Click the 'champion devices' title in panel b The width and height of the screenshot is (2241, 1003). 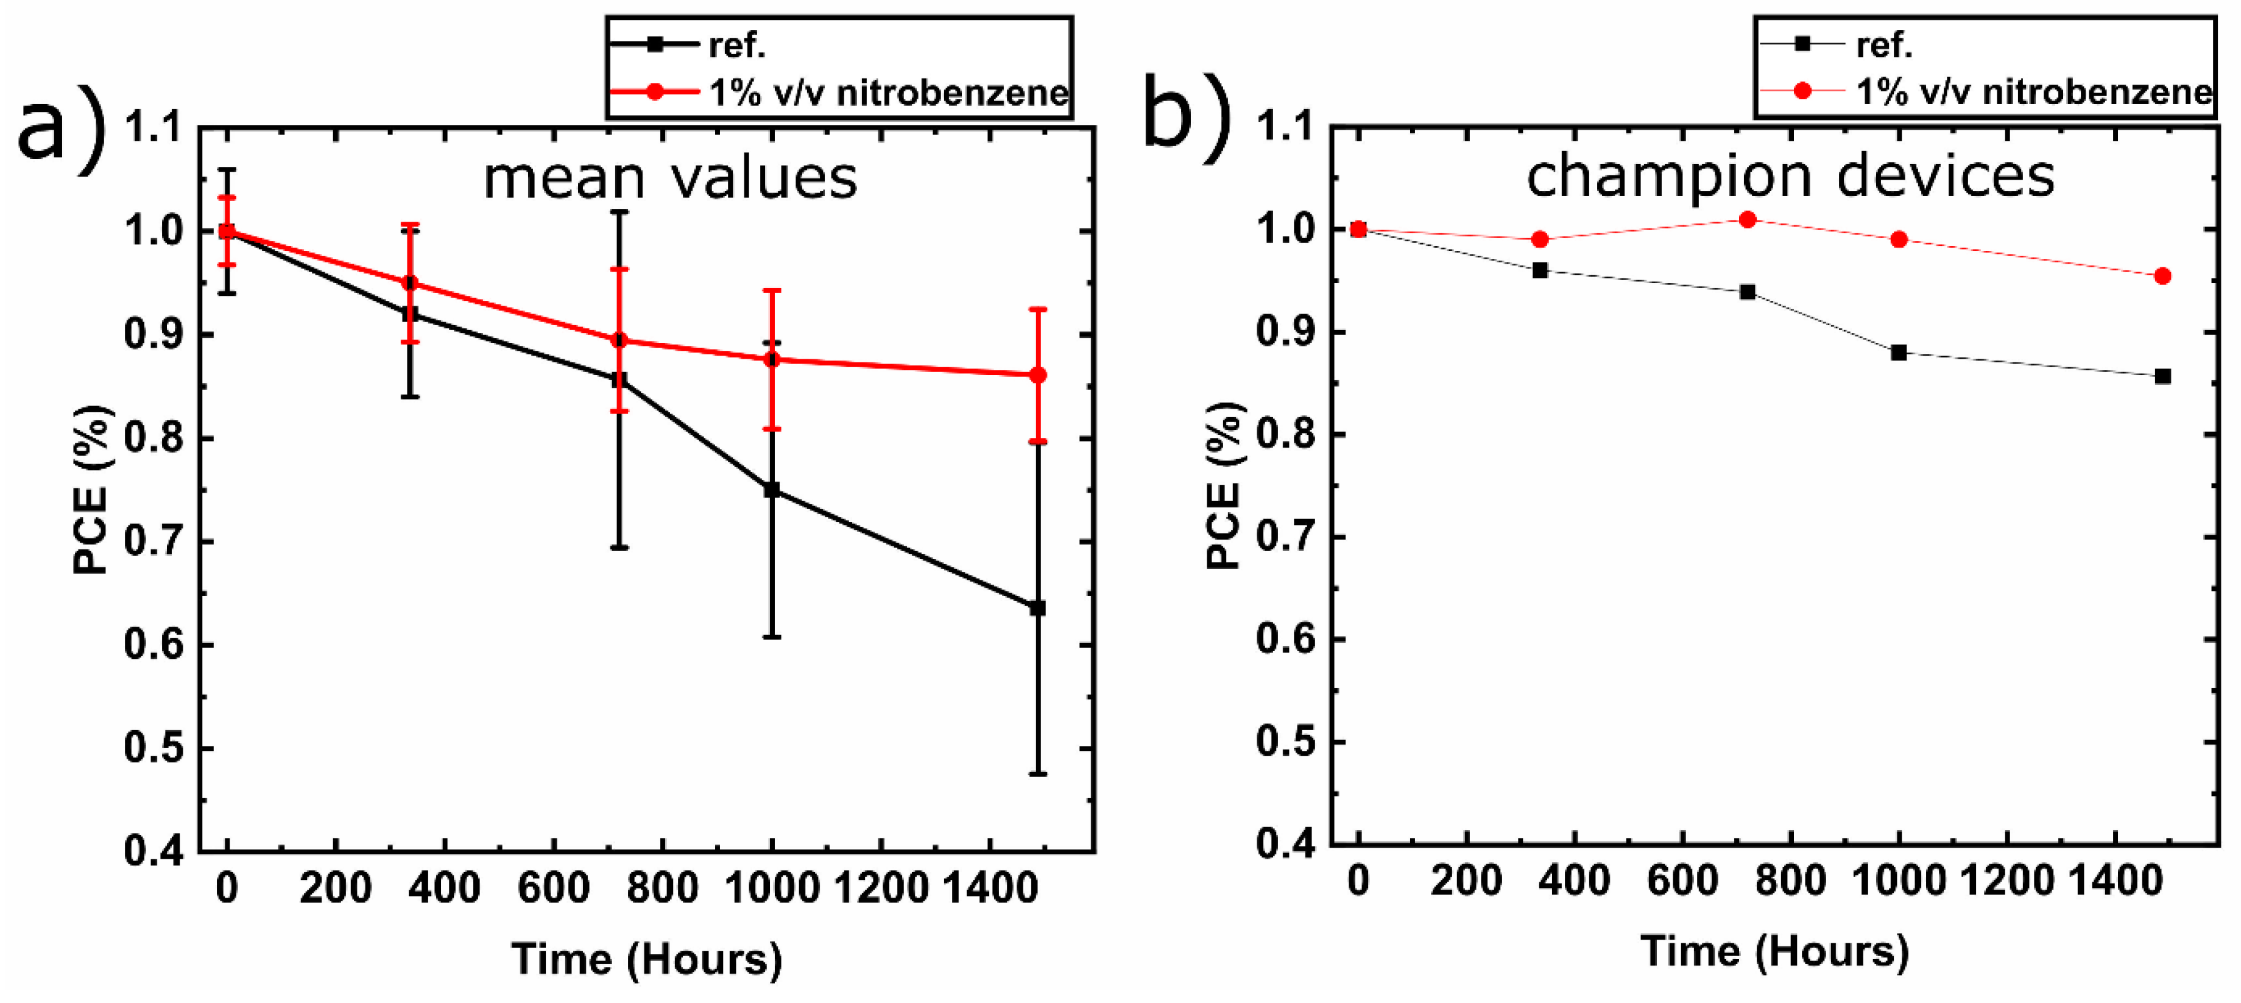pos(1790,176)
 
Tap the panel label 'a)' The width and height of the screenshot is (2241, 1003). pos(61,128)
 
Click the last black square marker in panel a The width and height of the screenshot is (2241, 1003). pos(1037,608)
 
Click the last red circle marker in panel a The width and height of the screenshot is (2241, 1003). pos(1037,375)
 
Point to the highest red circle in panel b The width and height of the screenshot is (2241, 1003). pos(1747,220)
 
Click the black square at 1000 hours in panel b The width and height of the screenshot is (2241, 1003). pos(1898,353)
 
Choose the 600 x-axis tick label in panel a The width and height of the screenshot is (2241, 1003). pos(553,888)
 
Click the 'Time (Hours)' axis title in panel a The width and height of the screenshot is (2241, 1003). pos(646,959)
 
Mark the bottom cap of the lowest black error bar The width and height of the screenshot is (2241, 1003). pos(1037,773)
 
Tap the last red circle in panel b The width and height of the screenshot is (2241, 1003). pos(2162,276)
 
